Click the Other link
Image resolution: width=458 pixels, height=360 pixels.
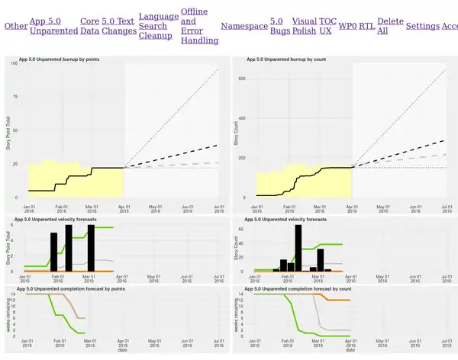point(15,26)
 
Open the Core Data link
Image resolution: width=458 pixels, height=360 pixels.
point(89,26)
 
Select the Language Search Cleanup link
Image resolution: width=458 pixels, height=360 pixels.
point(158,26)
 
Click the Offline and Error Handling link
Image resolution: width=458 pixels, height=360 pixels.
point(198,26)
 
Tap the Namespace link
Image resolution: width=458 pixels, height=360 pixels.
point(244,26)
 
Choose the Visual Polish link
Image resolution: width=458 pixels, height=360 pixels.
point(304,26)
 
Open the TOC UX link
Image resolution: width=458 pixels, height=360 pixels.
point(327,26)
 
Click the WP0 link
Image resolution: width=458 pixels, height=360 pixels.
point(347,26)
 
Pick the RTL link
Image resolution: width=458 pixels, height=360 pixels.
point(366,26)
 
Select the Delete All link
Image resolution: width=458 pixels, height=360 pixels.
point(390,26)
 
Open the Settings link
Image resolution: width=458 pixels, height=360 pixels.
point(422,26)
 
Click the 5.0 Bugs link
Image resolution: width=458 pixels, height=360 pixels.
point(279,26)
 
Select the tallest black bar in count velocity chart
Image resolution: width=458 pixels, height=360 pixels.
point(298,248)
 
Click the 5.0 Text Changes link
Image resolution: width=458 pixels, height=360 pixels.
point(118,26)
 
